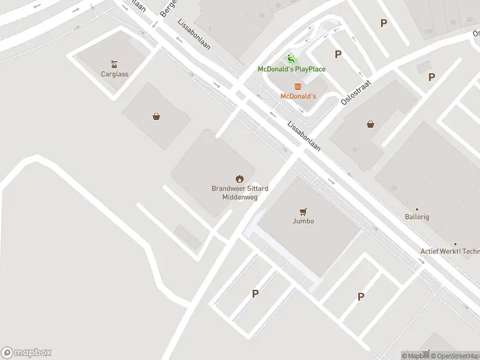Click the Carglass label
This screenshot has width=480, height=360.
point(114,74)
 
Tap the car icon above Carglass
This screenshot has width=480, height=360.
point(114,64)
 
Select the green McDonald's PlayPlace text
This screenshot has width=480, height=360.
point(292,69)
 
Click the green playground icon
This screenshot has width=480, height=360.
point(291,59)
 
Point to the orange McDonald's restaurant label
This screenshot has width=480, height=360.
point(298,96)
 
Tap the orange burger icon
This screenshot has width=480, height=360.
point(298,86)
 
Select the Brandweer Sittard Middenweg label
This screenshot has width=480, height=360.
point(239,192)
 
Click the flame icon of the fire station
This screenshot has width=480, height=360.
point(239,178)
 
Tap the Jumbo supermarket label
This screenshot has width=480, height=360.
point(303,221)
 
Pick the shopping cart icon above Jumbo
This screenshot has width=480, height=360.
point(303,211)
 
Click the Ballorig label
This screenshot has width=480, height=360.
point(417,217)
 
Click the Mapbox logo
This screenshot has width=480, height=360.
point(26,353)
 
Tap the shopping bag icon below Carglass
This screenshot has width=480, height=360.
point(156,116)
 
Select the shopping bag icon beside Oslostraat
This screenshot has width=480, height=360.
point(371,125)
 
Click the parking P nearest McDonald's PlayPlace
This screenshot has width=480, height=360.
point(338,55)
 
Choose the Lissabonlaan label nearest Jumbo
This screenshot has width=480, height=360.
point(304,137)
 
